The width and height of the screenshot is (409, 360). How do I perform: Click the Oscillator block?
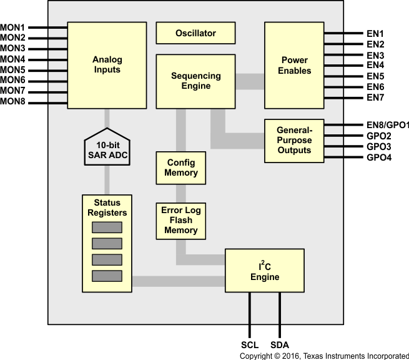pos(195,33)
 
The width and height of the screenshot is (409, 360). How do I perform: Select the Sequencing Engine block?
pos(195,81)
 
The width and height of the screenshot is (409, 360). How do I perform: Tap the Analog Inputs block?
pos(107,64)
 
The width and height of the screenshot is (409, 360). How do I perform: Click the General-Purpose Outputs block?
pos(294,140)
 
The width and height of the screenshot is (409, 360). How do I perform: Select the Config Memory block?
pos(181,167)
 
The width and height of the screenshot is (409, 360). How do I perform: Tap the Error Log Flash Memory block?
pos(180,220)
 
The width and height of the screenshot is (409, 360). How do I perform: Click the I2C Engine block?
pos(265,271)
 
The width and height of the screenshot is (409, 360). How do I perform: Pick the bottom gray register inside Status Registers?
pos(107,276)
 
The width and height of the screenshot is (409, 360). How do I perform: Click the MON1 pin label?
pos(13,27)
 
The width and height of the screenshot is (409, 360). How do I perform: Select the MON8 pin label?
pos(13,101)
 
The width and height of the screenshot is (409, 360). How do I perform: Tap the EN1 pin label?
pos(375,34)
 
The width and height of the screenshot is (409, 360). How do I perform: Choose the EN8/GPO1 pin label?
pos(387,125)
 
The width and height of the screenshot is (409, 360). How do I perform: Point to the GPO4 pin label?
pos(378,157)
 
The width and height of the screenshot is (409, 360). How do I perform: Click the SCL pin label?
pos(250,345)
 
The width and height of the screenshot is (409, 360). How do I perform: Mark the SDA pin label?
pos(280,345)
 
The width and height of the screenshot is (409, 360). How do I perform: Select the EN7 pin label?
pos(375,97)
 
